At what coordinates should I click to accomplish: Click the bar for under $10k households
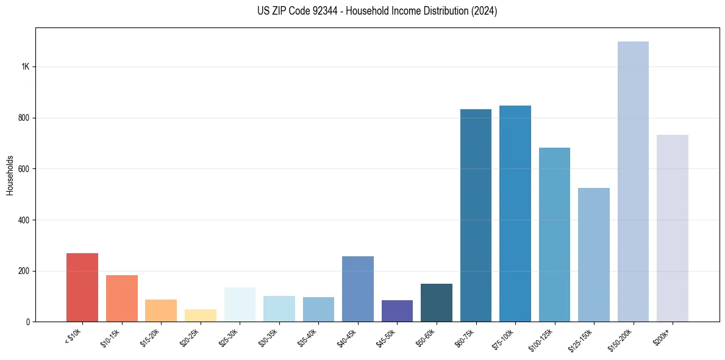82,287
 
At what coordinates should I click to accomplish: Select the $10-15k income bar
122,298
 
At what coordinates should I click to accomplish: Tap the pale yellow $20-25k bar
201,315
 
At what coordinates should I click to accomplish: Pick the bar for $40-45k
358,289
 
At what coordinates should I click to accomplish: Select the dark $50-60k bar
437,303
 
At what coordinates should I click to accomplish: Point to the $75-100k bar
515,214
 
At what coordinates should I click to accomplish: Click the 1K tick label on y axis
25,67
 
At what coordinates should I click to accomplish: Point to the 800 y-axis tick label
24,118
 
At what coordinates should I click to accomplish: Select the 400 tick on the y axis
24,220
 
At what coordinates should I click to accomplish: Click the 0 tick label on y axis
28,322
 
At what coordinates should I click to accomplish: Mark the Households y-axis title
10,175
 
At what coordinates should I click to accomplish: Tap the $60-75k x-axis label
466,337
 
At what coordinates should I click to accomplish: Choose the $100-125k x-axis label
544,339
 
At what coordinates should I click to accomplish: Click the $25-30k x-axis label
230,337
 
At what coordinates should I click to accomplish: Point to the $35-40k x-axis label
309,337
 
